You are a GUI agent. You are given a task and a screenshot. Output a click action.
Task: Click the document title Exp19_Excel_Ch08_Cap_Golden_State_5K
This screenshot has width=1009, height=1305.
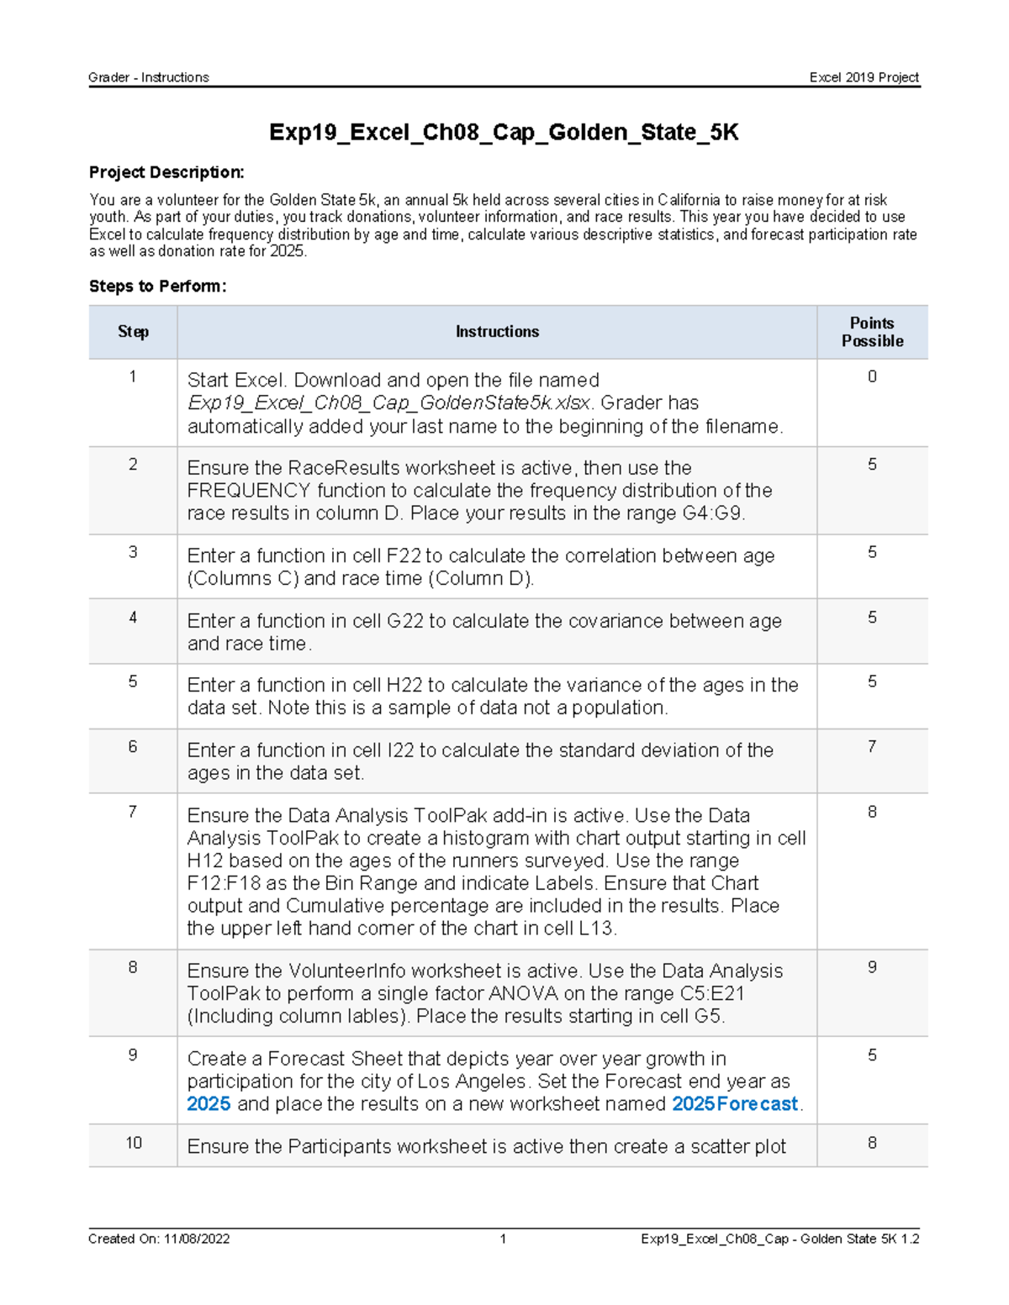pyautogui.click(x=503, y=133)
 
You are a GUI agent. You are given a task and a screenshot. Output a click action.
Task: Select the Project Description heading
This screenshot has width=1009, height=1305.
pyautogui.click(x=166, y=172)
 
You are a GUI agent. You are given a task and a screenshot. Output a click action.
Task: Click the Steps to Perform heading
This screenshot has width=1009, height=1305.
pyautogui.click(x=157, y=287)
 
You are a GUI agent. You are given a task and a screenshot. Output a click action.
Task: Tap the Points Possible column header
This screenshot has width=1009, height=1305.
pyautogui.click(x=872, y=332)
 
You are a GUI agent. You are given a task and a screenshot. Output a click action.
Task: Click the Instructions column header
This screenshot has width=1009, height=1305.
pyautogui.click(x=497, y=332)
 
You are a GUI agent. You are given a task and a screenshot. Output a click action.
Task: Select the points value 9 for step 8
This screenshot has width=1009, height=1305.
pyautogui.click(x=872, y=967)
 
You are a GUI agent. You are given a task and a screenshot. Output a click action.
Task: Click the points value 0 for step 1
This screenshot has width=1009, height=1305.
pyautogui.click(x=872, y=377)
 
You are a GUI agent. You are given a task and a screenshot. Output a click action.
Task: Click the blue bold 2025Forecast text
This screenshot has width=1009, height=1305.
pyautogui.click(x=734, y=1104)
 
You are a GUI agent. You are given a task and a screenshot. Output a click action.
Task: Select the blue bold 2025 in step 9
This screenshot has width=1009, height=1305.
pyautogui.click(x=209, y=1104)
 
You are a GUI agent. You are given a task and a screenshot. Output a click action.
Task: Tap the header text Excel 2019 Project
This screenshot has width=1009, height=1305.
pyautogui.click(x=864, y=77)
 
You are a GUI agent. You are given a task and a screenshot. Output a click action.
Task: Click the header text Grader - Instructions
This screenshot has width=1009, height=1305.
pyautogui.click(x=149, y=77)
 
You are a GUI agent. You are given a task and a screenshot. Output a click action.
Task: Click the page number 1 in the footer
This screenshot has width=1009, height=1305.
pyautogui.click(x=503, y=1239)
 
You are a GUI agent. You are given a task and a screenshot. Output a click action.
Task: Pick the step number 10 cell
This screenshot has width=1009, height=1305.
pyautogui.click(x=133, y=1143)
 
